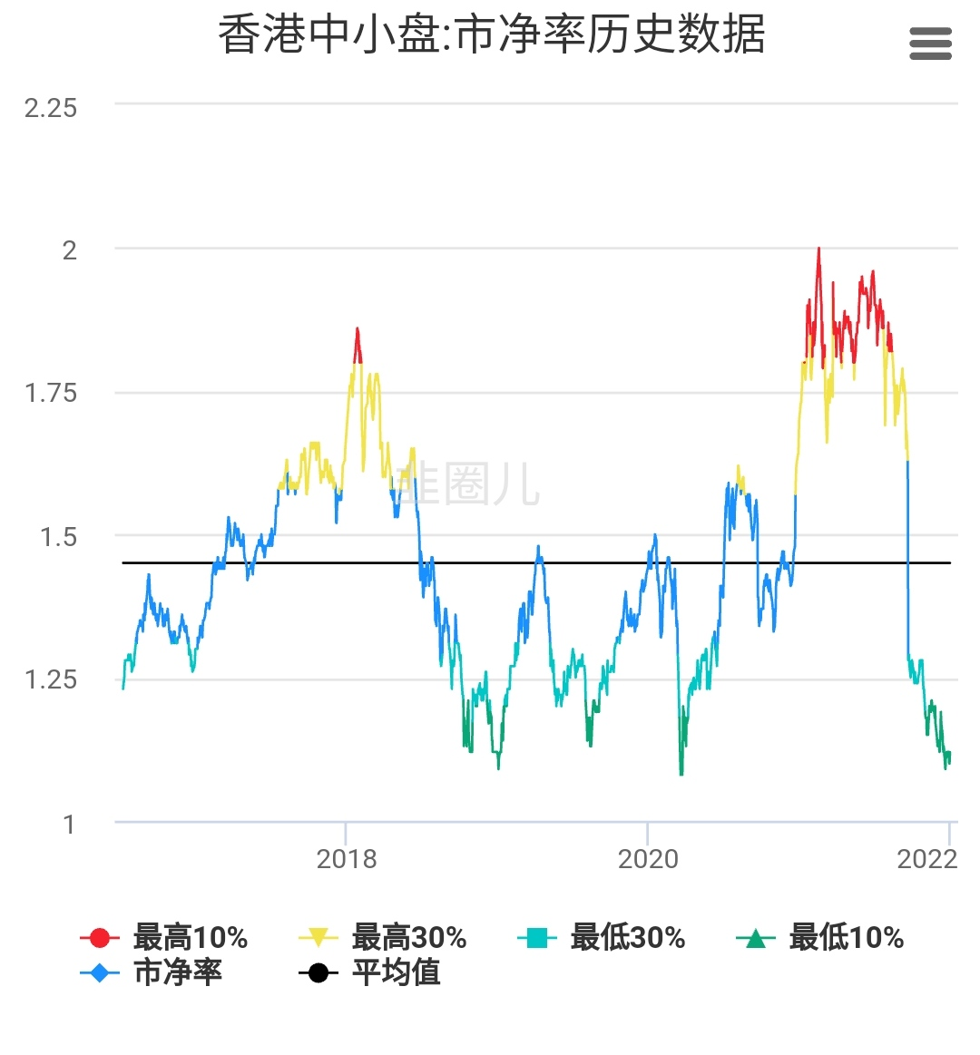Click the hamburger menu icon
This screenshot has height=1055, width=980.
tap(930, 44)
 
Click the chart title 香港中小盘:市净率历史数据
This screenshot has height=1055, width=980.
tap(491, 36)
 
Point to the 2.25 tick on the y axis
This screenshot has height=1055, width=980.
tap(51, 108)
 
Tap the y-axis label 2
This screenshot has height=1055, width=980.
tap(69, 250)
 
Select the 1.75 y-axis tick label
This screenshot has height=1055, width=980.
tap(51, 394)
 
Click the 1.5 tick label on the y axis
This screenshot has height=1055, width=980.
tap(58, 537)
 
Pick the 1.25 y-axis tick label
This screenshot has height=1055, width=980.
tap(51, 679)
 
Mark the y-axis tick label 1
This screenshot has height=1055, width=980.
tap(69, 824)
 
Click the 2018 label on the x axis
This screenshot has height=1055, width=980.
tap(346, 859)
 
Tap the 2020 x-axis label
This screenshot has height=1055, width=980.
tap(648, 859)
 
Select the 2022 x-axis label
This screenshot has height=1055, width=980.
tap(926, 859)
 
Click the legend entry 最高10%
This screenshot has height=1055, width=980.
tap(164, 937)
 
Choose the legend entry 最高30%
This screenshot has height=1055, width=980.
tap(383, 937)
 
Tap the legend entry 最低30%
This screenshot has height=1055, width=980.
tap(602, 937)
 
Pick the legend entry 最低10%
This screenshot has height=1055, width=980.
tap(820, 937)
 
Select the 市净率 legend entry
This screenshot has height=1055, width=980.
tap(152, 972)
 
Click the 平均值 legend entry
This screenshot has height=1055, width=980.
tap(370, 972)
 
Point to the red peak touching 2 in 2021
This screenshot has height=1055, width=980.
tap(818, 249)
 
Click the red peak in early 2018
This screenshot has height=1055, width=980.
tap(358, 329)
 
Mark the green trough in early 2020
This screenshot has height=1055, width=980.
tap(681, 773)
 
